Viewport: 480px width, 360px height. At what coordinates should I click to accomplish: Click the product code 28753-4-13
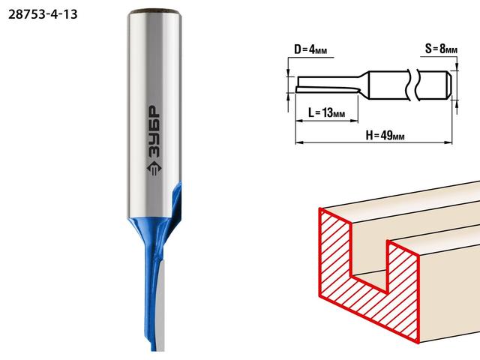43,14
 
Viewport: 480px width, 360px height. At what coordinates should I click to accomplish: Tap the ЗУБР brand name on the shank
154,132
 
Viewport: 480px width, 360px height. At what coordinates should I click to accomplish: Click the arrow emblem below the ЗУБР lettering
154,169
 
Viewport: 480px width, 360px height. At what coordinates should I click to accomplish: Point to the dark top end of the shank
154,12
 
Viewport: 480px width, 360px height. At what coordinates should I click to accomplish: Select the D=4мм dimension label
310,49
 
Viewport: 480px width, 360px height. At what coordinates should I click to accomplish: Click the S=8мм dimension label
441,49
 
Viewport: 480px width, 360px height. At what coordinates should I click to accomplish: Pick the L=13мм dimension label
327,113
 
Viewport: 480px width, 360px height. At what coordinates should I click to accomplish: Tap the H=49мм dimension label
385,135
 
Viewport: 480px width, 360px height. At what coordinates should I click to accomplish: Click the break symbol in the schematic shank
412,85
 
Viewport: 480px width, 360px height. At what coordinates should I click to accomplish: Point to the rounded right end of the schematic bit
448,85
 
